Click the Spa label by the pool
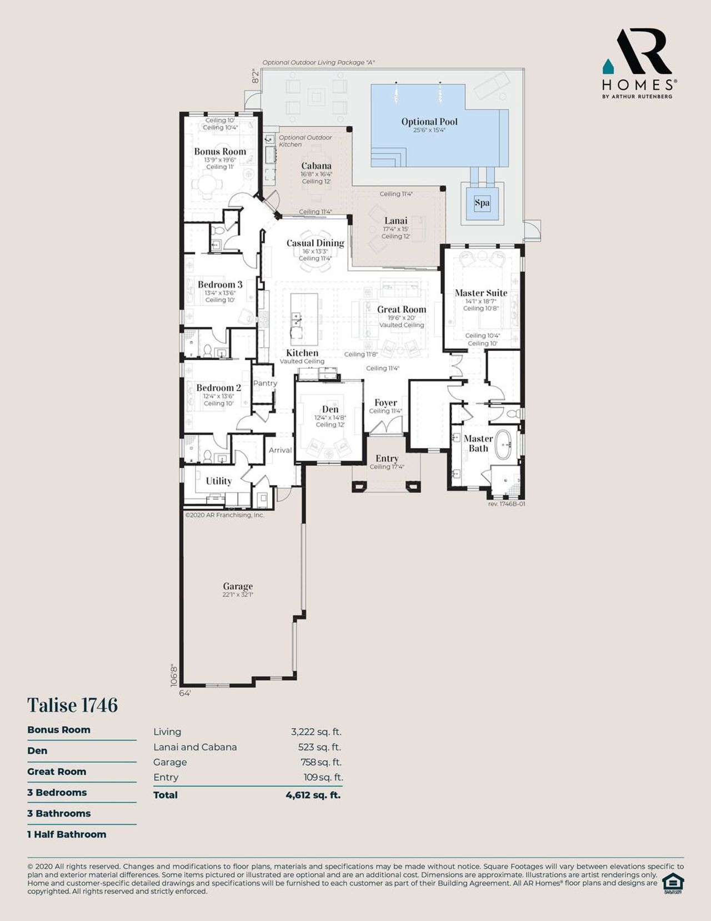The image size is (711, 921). tap(482, 203)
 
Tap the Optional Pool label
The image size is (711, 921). tap(429, 122)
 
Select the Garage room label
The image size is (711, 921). tap(238, 586)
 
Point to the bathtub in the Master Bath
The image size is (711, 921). tap(504, 444)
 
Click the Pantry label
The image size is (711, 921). tap(265, 384)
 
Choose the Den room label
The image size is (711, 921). tap(330, 409)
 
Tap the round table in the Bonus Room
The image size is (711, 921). tap(206, 185)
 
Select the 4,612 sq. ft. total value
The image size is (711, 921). tap(313, 795)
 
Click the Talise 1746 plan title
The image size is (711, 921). tap(73, 705)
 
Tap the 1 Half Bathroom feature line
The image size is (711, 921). tap(67, 834)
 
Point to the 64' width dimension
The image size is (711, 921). tap(185, 693)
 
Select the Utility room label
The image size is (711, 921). tap(218, 481)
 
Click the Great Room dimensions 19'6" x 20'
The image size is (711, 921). tap(402, 318)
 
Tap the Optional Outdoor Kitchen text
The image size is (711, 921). tap(305, 141)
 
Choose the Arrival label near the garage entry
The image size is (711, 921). tap(280, 450)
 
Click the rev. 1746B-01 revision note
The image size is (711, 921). tap(506, 504)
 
